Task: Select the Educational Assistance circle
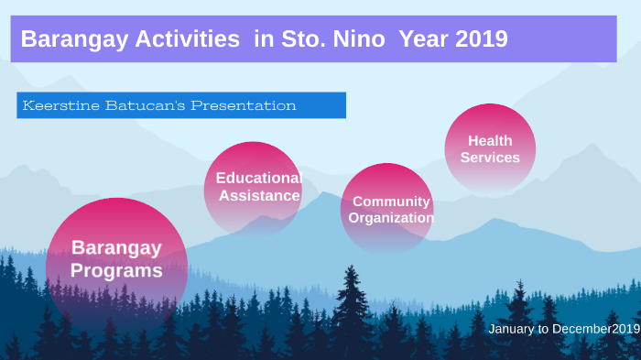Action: [x=254, y=189]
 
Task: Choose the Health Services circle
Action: [x=490, y=148]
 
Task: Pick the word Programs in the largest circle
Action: [x=116, y=271]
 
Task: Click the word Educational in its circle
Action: [x=258, y=178]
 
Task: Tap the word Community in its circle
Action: [x=391, y=202]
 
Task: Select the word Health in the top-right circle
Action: [x=490, y=141]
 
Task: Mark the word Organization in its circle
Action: [x=391, y=218]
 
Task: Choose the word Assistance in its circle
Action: [x=259, y=195]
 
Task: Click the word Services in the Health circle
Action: [x=490, y=158]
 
